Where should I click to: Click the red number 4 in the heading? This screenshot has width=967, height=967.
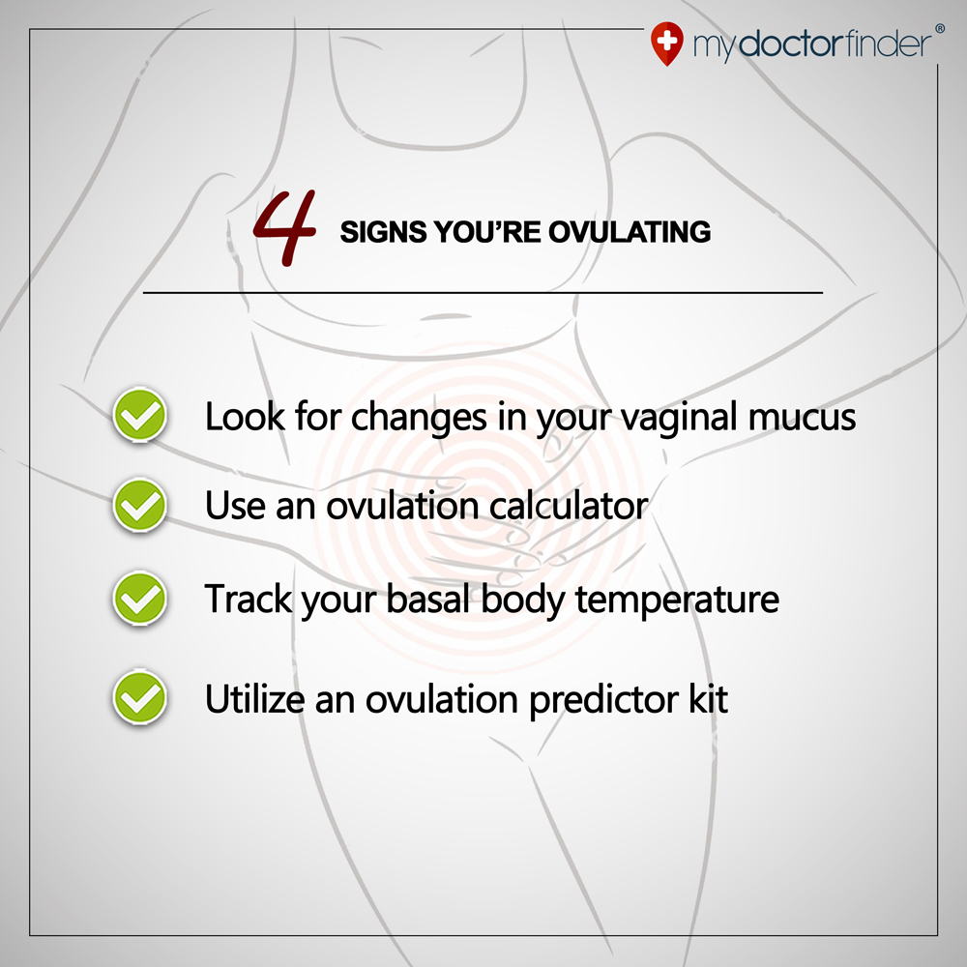click(286, 228)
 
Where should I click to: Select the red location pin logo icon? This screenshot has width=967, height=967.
click(665, 44)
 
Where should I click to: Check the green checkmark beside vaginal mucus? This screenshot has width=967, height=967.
click(140, 417)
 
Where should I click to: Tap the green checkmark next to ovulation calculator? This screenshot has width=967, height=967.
click(140, 507)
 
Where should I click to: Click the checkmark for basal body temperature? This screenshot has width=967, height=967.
click(140, 600)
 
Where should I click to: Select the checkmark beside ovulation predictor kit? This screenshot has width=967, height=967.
click(140, 698)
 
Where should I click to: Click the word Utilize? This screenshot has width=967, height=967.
click(254, 698)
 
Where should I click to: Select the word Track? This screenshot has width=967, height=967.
click(247, 600)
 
